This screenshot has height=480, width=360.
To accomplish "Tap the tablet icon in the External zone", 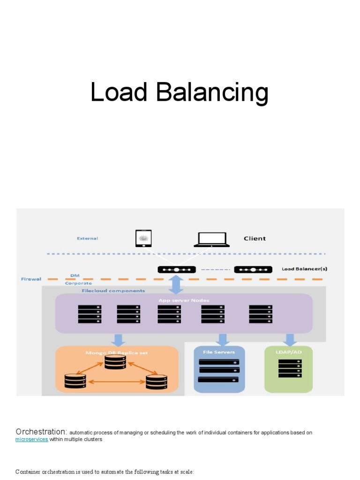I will pyautogui.click(x=143, y=238).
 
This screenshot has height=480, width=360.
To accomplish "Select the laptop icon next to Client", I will pyautogui.click(x=211, y=239).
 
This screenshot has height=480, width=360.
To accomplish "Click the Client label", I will pyautogui.click(x=255, y=239).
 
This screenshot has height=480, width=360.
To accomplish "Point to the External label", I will pyautogui.click(x=87, y=239).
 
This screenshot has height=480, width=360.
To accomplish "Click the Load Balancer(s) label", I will pyautogui.click(x=304, y=269).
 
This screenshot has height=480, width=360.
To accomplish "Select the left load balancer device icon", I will pyautogui.click(x=177, y=270).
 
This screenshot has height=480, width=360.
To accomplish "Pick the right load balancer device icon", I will pyautogui.click(x=253, y=270).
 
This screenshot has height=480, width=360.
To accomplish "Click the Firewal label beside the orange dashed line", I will pyautogui.click(x=30, y=279).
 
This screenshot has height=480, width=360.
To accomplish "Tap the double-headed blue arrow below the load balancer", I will pyautogui.click(x=176, y=285).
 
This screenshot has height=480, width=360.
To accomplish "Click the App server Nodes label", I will pyautogui.click(x=184, y=300).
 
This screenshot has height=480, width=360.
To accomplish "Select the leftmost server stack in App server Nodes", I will pyautogui.click(x=90, y=314).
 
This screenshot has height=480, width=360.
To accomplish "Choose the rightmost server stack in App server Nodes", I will pyautogui.click(x=261, y=314).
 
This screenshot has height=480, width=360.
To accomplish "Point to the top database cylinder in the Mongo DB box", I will pyautogui.click(x=115, y=362).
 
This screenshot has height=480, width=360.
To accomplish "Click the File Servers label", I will pyautogui.click(x=219, y=352).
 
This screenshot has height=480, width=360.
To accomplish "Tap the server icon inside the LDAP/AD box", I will pyautogui.click(x=290, y=368).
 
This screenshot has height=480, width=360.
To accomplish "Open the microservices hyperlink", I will pyautogui.click(x=31, y=440).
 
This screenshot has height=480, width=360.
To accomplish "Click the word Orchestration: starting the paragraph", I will pyautogui.click(x=42, y=432).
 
